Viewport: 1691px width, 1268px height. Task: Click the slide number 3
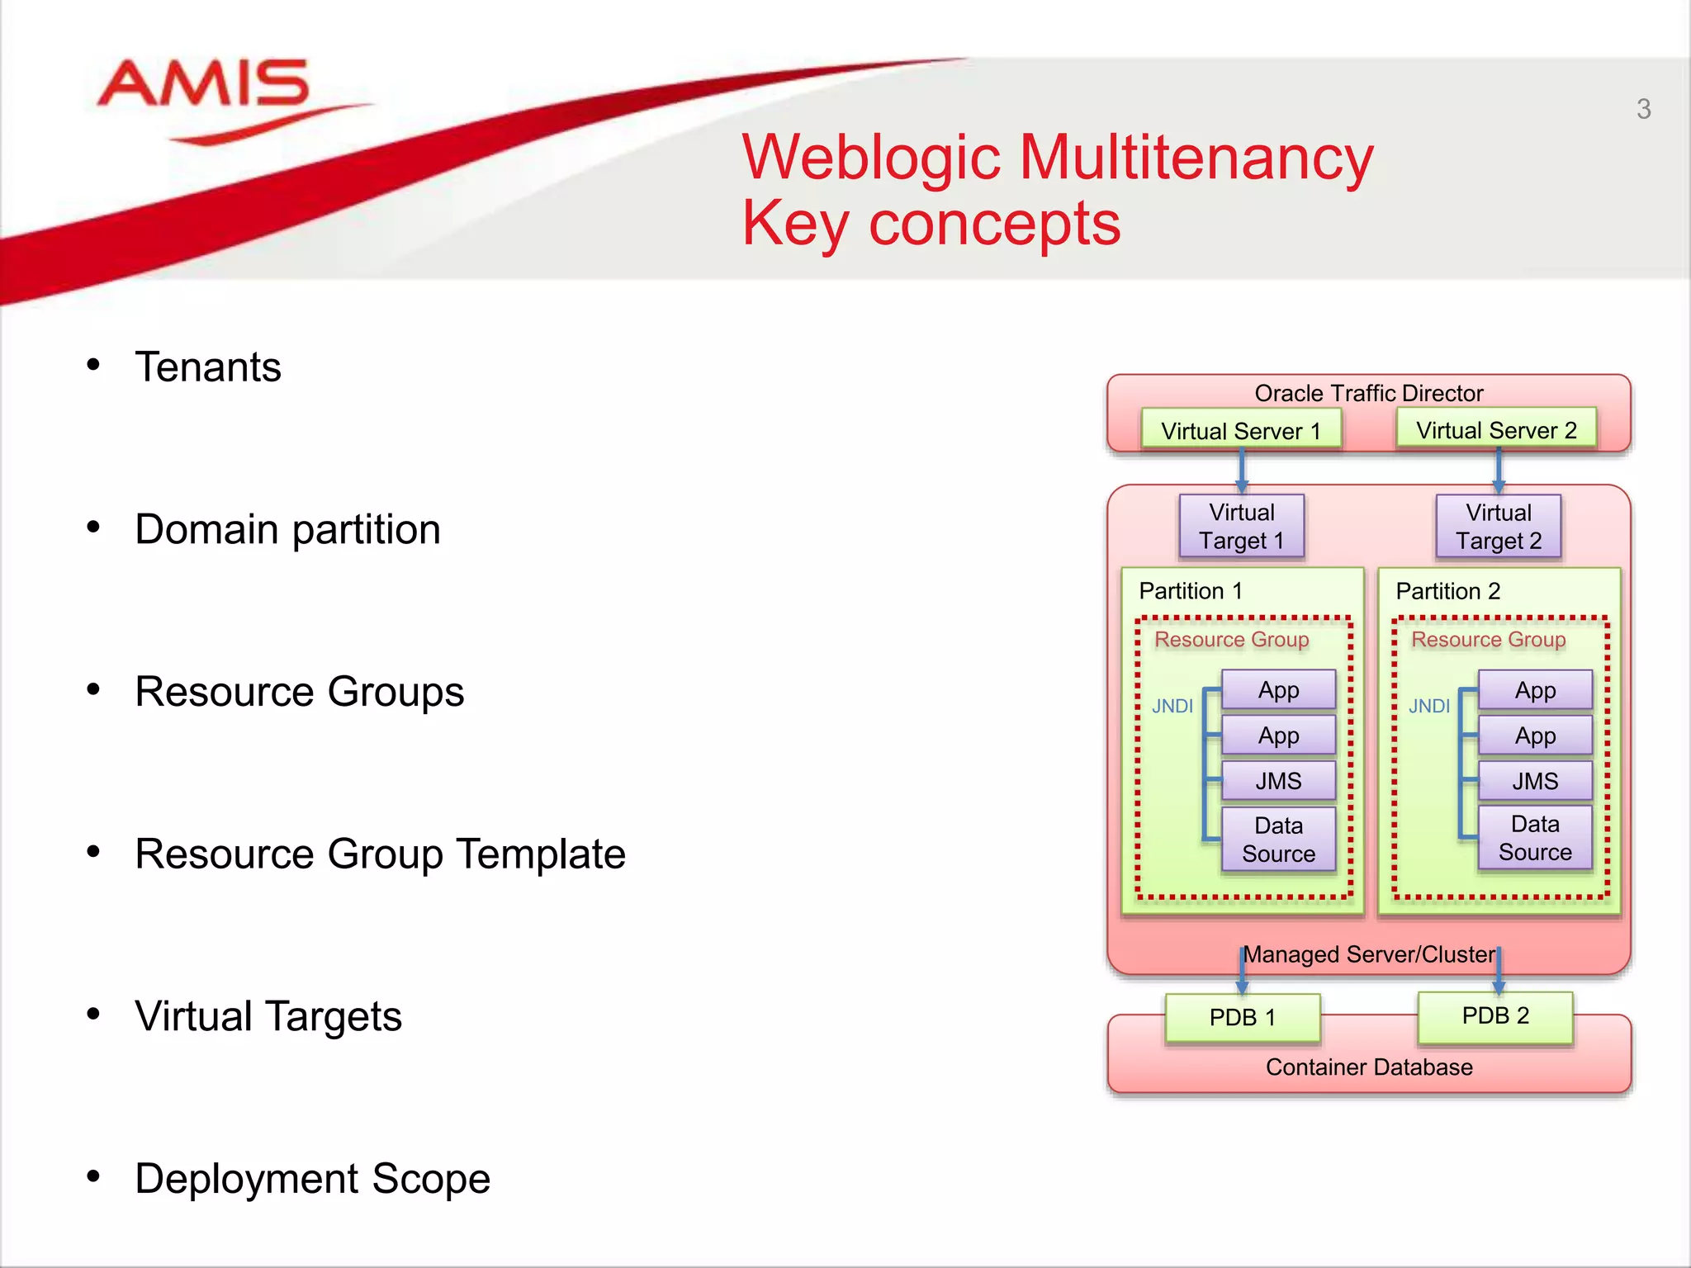coord(1643,109)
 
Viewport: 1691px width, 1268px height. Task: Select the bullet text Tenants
coord(208,367)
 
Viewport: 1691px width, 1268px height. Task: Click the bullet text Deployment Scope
coord(312,1179)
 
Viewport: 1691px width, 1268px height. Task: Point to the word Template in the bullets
coord(540,854)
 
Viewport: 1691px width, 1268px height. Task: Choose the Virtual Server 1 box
coord(1240,431)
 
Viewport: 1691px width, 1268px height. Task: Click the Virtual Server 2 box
coord(1496,430)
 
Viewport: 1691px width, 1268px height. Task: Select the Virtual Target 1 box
coord(1241,527)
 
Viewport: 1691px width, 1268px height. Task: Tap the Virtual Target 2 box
coord(1498,527)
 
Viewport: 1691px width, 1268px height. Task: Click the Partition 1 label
coord(1190,591)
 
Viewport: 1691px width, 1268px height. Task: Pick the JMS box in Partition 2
coord(1534,781)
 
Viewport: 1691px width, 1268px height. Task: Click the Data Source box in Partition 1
coord(1278,840)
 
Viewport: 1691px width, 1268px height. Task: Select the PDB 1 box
coord(1242,1017)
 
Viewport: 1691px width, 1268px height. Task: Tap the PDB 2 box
coord(1494,1015)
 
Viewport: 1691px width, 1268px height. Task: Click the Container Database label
coord(1368,1067)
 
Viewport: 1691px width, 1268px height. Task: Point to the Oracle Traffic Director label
coord(1368,393)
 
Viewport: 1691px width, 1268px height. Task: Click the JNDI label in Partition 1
coord(1172,707)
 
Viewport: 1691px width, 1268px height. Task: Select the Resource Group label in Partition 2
coord(1488,640)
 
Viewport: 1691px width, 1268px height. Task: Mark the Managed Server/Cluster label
coord(1368,955)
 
